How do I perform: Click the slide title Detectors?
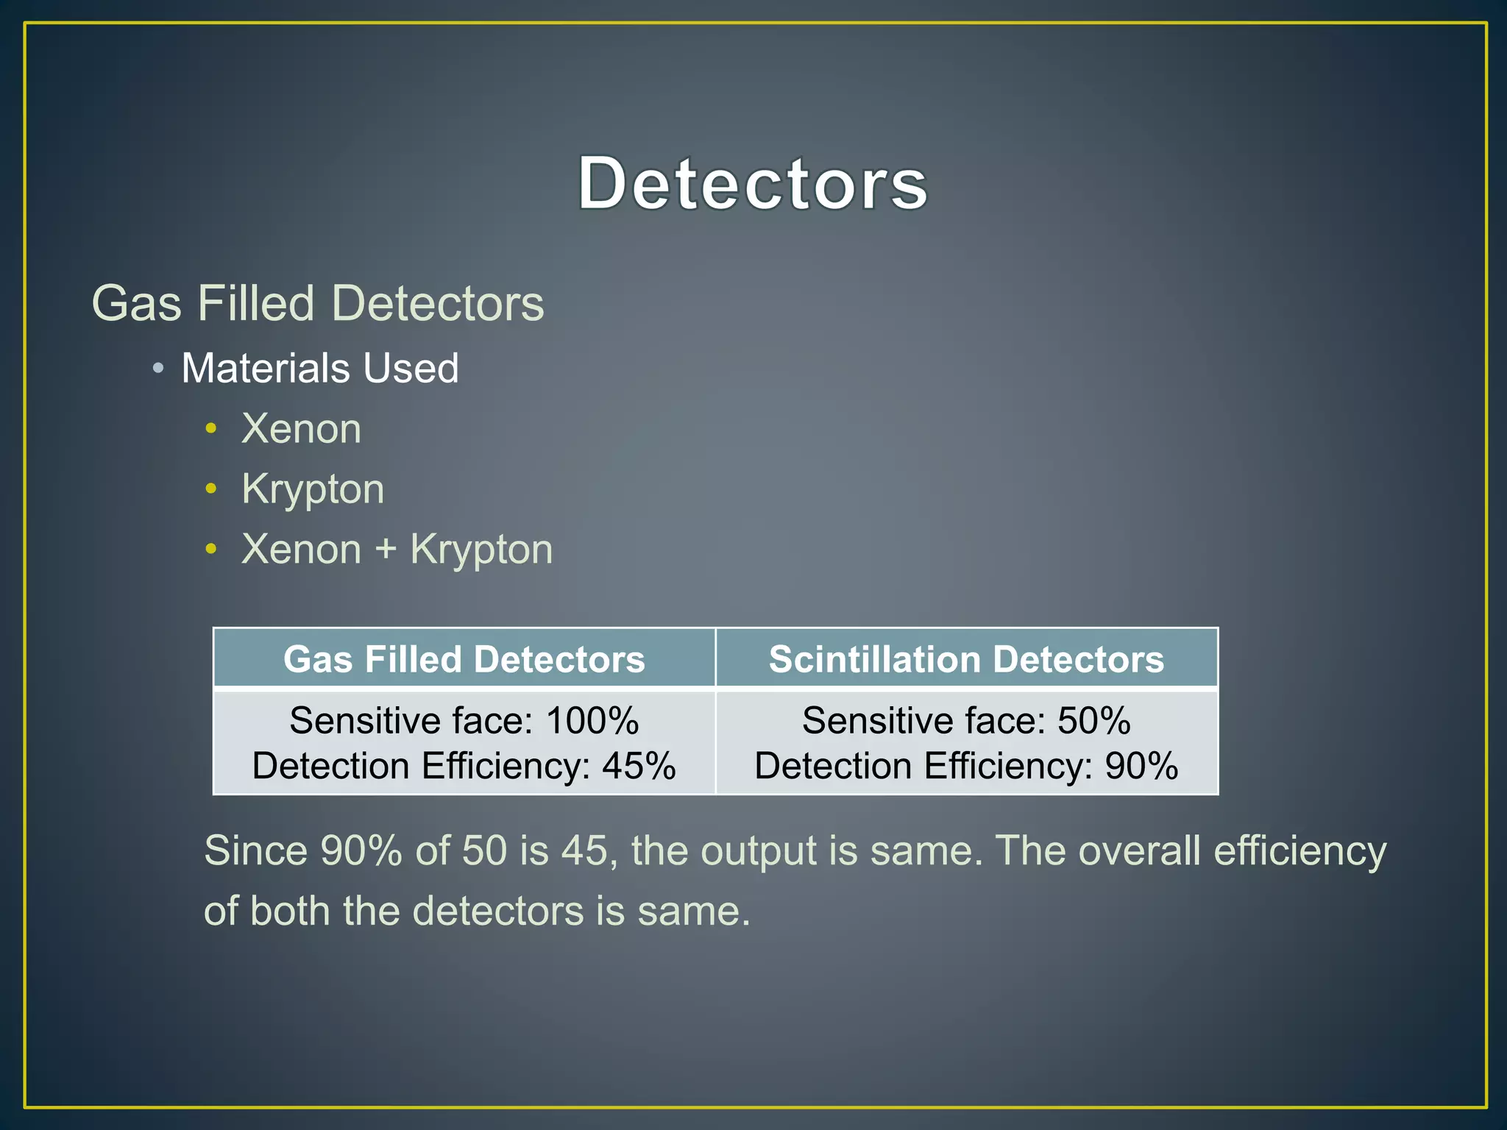pyautogui.click(x=752, y=183)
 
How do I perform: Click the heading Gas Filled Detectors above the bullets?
pyautogui.click(x=318, y=303)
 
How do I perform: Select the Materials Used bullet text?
pyautogui.click(x=320, y=368)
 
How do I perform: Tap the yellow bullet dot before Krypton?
pyautogui.click(x=212, y=488)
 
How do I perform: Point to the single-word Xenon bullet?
pyautogui.click(x=302, y=428)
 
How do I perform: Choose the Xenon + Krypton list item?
pyautogui.click(x=397, y=550)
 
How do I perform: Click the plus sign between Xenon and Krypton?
pyautogui.click(x=386, y=550)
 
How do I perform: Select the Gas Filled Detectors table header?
pyautogui.click(x=464, y=659)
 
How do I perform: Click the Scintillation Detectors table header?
pyautogui.click(x=966, y=659)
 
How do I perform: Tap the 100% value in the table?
pyautogui.click(x=592, y=720)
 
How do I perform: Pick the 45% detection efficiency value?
pyautogui.click(x=639, y=766)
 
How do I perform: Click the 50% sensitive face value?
pyautogui.click(x=1093, y=720)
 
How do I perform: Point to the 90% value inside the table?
pyautogui.click(x=1141, y=766)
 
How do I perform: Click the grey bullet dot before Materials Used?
pyautogui.click(x=158, y=368)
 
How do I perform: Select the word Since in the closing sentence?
pyautogui.click(x=255, y=850)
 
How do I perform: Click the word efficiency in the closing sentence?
pyautogui.click(x=1299, y=852)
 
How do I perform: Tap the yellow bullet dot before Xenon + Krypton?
pyautogui.click(x=212, y=550)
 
